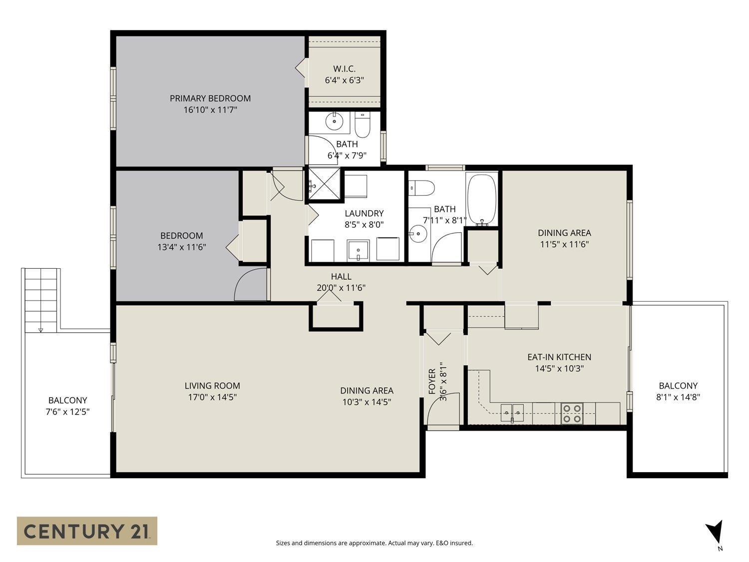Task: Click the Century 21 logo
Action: pyautogui.click(x=87, y=531)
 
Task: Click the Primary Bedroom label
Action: pyautogui.click(x=210, y=98)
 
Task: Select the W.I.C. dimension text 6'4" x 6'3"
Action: pyautogui.click(x=344, y=80)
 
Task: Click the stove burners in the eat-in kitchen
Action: pyautogui.click(x=572, y=414)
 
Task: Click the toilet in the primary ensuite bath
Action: pyautogui.click(x=362, y=125)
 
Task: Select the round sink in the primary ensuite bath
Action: pyautogui.click(x=332, y=120)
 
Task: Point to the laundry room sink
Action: pyautogui.click(x=358, y=250)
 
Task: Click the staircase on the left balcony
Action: pyautogui.click(x=40, y=300)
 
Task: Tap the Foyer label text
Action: pyautogui.click(x=432, y=381)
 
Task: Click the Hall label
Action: pyautogui.click(x=341, y=276)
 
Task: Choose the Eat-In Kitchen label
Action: pyautogui.click(x=559, y=357)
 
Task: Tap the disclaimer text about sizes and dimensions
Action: pyautogui.click(x=374, y=543)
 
